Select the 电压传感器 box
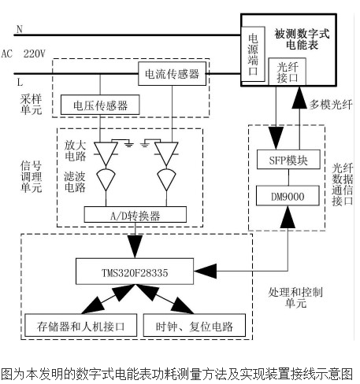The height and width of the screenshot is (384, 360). (x=100, y=104)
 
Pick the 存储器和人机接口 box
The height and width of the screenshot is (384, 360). (x=81, y=325)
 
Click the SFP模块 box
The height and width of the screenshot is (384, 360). (x=288, y=161)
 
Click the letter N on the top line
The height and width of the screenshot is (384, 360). (x=19, y=30)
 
